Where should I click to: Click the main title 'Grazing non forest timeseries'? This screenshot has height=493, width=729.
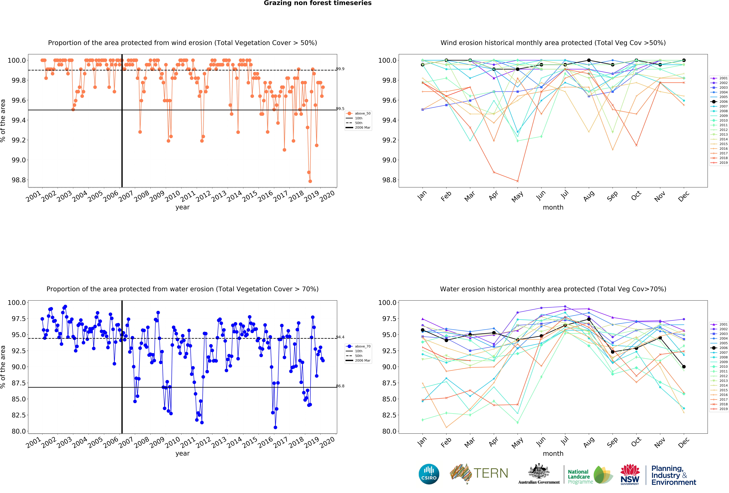point(317,3)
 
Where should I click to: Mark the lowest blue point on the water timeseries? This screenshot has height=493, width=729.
point(275,427)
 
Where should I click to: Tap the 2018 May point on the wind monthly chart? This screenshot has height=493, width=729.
point(518,181)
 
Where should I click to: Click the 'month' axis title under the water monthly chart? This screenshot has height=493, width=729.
point(553,453)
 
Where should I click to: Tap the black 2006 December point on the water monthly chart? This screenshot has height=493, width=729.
point(684,367)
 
